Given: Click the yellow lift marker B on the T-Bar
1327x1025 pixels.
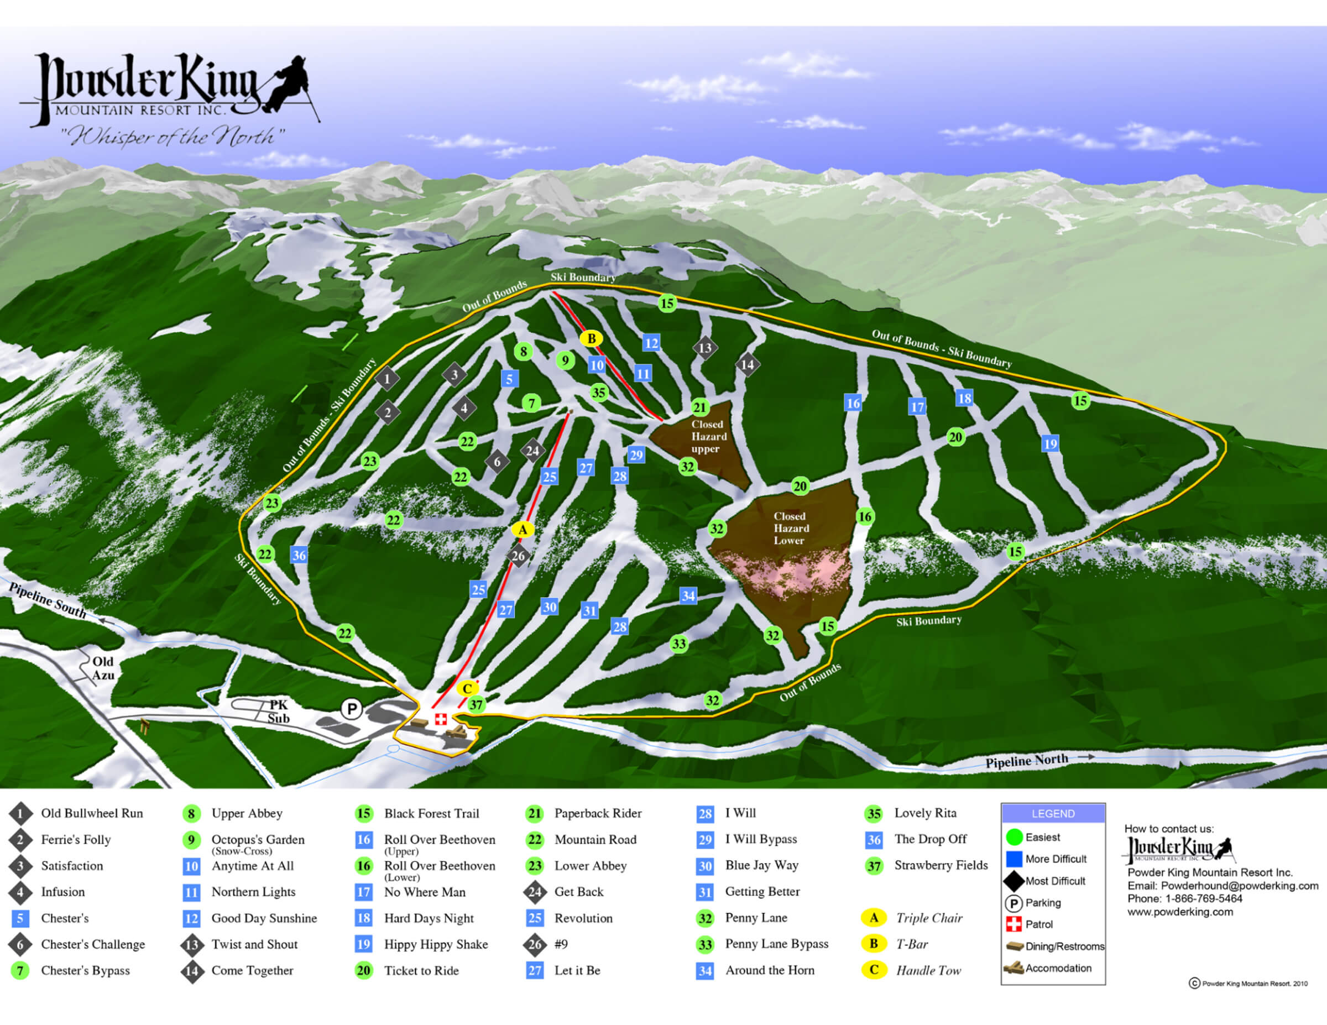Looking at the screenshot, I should [x=591, y=339].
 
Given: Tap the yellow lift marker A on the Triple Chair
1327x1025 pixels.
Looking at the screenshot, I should [x=523, y=529].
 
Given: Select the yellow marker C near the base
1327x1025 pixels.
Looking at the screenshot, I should [x=467, y=688].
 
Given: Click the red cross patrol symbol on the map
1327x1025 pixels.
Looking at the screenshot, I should [x=441, y=719].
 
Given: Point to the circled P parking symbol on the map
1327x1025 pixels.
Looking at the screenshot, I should [x=351, y=708].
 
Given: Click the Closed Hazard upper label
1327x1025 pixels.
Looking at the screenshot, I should [x=708, y=436].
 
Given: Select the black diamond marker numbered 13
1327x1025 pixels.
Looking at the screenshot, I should [x=705, y=348].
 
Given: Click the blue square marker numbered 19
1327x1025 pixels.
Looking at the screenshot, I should [x=1050, y=443].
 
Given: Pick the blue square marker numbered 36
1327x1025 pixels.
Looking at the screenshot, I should [x=299, y=555].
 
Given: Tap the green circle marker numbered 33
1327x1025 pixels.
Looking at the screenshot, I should [x=678, y=644].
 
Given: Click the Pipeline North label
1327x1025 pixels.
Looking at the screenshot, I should [x=1026, y=761].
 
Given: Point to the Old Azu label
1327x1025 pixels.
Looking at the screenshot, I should [x=103, y=668].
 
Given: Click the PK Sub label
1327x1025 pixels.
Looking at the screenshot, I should [x=279, y=712].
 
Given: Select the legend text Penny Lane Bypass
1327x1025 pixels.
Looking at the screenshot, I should [x=776, y=944].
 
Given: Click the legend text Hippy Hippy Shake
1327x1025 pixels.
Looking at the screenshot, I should [x=436, y=944].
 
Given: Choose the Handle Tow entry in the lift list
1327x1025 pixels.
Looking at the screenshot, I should [x=928, y=970].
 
